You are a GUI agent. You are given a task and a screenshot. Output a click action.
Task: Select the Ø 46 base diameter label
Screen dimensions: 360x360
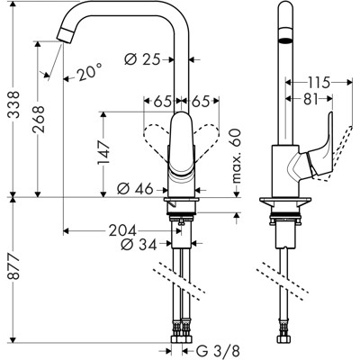pos(135,189)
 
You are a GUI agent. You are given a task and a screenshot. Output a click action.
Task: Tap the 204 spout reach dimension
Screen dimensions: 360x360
pos(135,229)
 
